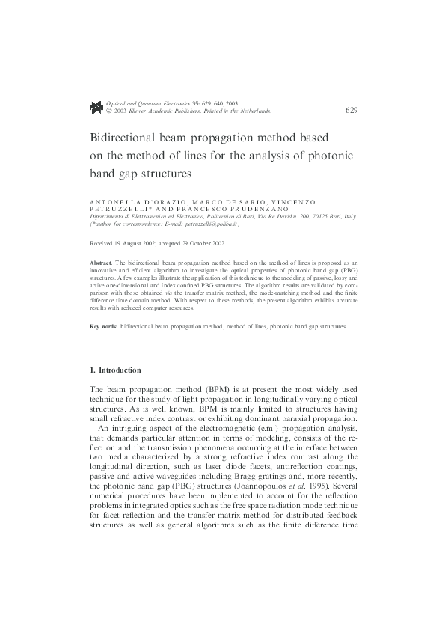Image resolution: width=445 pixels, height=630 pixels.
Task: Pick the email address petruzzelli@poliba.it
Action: tap(205, 224)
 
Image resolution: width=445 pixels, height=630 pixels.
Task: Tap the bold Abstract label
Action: tap(101, 264)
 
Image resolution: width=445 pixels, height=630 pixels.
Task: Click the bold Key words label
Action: tap(103, 327)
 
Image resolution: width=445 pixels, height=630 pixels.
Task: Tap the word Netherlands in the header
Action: tap(254, 111)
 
